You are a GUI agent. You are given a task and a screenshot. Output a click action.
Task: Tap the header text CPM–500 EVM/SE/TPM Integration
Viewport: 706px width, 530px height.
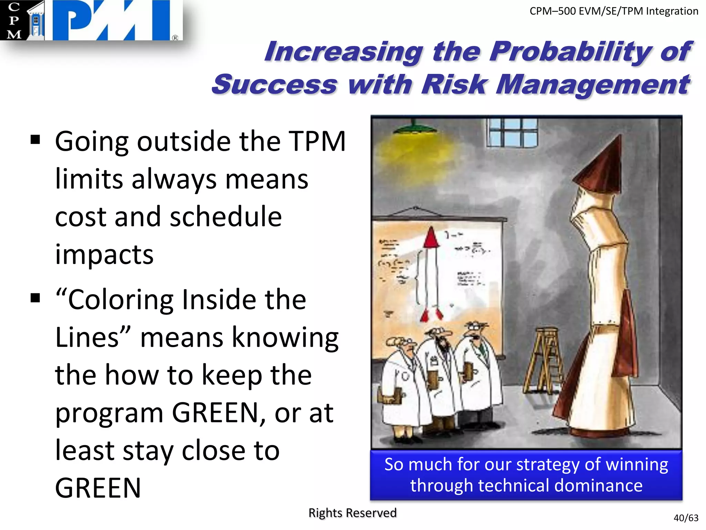point(614,11)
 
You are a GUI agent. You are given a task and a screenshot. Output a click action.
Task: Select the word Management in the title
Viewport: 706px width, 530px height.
point(593,85)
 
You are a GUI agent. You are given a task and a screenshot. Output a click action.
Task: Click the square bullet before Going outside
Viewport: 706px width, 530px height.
point(35,140)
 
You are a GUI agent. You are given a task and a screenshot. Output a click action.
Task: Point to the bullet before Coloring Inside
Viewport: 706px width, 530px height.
point(35,298)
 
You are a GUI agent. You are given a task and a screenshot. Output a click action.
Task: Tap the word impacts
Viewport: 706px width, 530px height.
point(104,254)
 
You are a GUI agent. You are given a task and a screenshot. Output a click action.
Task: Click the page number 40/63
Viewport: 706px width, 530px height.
point(686,518)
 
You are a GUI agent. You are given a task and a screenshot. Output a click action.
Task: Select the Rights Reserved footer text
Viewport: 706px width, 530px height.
point(352,513)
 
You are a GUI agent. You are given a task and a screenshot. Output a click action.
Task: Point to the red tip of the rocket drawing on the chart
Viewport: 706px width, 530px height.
point(431,238)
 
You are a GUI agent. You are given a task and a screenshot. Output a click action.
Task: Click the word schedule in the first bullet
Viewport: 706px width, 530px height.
point(226,217)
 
